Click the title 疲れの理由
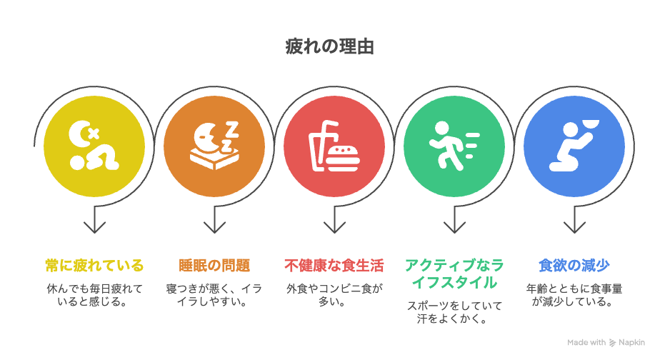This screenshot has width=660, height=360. (x=329, y=46)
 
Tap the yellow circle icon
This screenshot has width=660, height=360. (x=94, y=146)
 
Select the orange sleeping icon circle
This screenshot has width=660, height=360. (x=214, y=146)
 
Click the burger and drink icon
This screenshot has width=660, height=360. (x=334, y=146)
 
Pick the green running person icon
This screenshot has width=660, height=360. (x=454, y=146)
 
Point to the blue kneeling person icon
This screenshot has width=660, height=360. (x=574, y=146)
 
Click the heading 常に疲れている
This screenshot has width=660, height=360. (x=94, y=266)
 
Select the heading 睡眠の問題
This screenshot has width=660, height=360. (x=214, y=266)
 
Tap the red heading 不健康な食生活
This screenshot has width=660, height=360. (x=334, y=266)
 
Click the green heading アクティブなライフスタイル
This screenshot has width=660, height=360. (x=454, y=274)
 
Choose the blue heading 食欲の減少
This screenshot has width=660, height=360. (x=574, y=266)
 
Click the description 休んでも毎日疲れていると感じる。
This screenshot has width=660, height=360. (x=94, y=295)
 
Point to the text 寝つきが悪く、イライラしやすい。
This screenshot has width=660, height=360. (x=214, y=295)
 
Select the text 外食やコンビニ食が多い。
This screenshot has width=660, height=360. (x=334, y=295)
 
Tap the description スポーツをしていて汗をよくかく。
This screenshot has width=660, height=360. (x=454, y=312)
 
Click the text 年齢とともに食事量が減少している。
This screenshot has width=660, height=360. (x=574, y=295)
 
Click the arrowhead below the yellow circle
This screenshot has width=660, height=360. (x=94, y=227)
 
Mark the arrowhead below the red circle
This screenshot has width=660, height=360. (x=334, y=227)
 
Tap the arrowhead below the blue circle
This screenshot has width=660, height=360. (x=574, y=227)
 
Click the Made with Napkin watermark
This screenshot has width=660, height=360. (x=606, y=343)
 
